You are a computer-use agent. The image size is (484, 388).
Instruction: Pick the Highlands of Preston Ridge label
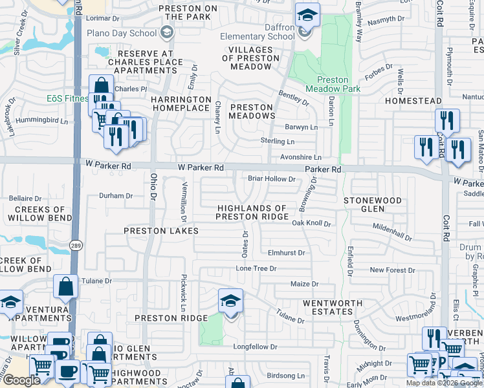[x=252, y=212]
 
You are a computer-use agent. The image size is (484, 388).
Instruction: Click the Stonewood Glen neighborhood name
[x=372, y=204]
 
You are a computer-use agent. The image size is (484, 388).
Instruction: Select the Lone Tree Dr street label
[x=256, y=268]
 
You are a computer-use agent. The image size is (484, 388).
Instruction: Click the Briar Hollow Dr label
[x=272, y=179]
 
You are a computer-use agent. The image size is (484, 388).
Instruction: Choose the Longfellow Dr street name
[x=255, y=347]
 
